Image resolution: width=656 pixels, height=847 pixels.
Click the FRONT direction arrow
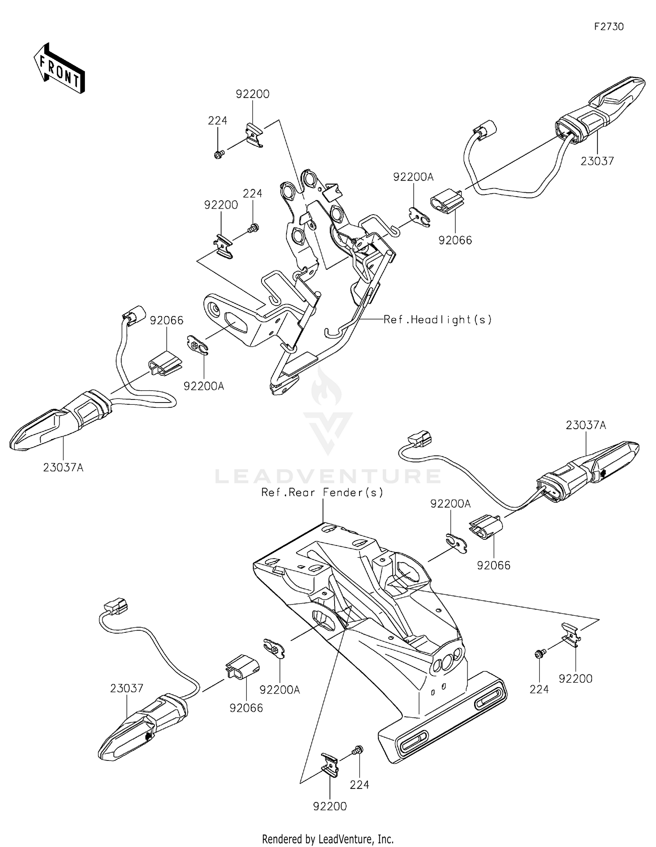click(59, 68)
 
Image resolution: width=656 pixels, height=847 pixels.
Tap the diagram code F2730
click(609, 27)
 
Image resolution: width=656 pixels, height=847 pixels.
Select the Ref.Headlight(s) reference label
click(437, 319)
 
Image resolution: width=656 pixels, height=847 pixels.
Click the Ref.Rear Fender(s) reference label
click(322, 493)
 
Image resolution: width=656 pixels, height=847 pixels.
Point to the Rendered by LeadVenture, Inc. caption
click(328, 839)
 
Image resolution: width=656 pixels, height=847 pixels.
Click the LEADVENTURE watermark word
click(328, 476)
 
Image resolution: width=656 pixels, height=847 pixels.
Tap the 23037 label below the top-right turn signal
click(597, 161)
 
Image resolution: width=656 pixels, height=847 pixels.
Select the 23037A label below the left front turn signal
click(63, 468)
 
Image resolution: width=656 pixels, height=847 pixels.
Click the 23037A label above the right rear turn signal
click(586, 425)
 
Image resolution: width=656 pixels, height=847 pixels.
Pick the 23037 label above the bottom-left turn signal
click(126, 688)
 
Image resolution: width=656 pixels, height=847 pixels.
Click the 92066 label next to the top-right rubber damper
click(455, 240)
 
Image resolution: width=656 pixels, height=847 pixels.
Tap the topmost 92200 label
click(253, 94)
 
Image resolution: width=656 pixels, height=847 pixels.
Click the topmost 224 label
click(217, 120)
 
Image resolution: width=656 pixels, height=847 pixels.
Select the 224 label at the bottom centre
click(359, 785)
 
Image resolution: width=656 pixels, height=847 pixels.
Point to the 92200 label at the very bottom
click(330, 806)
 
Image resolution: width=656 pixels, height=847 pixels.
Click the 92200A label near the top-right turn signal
click(413, 177)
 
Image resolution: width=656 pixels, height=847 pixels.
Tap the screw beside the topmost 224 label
click(219, 154)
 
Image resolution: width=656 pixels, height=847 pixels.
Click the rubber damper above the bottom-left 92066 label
click(242, 667)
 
